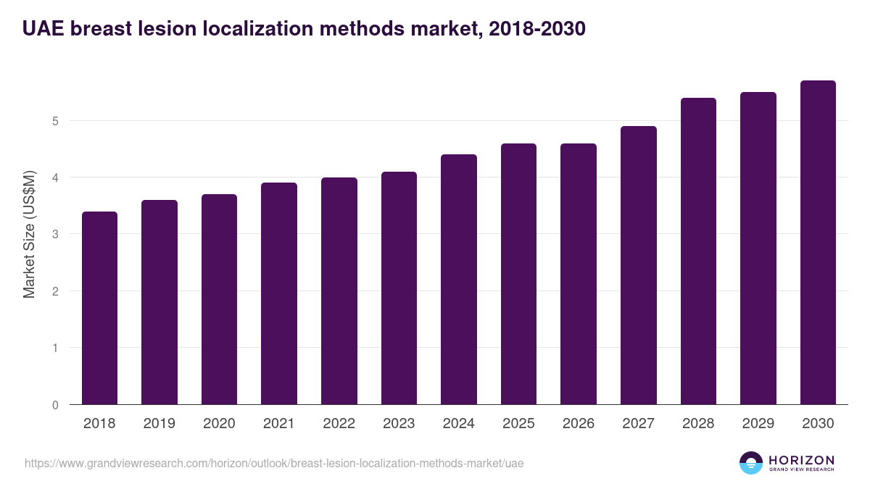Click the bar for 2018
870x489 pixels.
click(99, 308)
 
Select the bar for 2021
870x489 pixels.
click(279, 293)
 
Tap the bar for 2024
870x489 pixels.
click(459, 280)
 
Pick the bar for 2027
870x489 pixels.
click(639, 265)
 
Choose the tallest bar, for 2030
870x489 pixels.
click(818, 243)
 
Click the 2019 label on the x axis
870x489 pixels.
click(159, 424)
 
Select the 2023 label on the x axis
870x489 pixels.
click(399, 424)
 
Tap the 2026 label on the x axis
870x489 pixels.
click(579, 424)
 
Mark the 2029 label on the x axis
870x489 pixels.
click(758, 424)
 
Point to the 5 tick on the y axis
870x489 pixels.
click(55, 121)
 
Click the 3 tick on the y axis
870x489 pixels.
click(55, 234)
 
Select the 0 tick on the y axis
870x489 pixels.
click(55, 405)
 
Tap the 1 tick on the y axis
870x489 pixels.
click(55, 348)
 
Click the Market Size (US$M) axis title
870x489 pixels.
click(29, 234)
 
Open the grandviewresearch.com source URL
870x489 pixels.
click(274, 463)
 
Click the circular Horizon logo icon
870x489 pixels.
click(751, 463)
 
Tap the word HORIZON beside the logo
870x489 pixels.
click(801, 459)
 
